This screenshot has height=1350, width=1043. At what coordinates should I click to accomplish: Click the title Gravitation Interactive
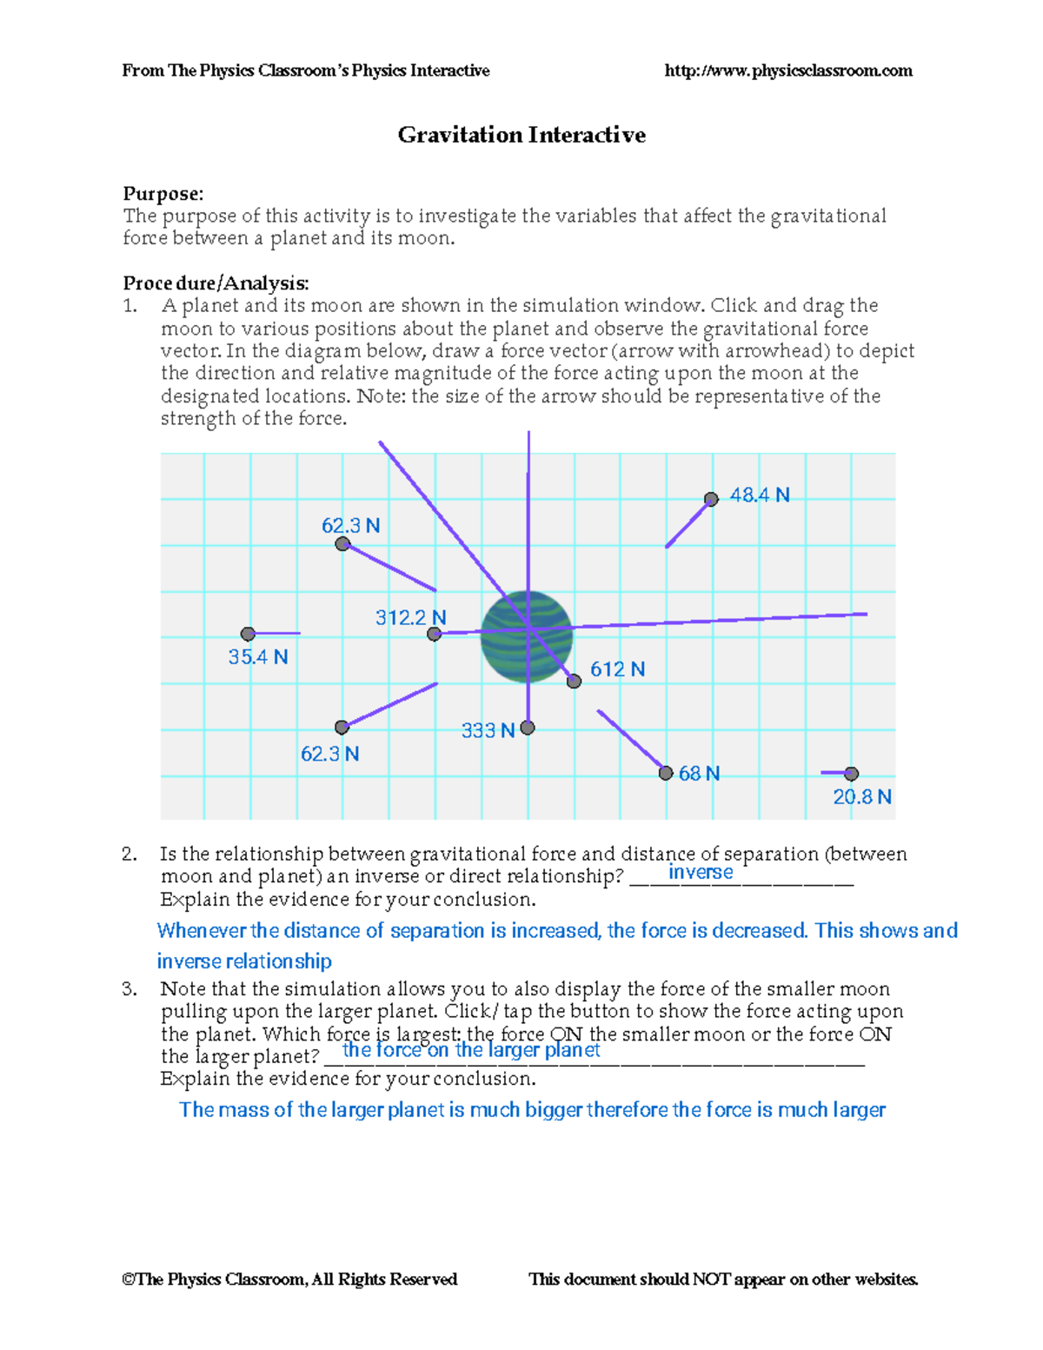[521, 135]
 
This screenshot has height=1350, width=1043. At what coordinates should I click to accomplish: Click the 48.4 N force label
[760, 495]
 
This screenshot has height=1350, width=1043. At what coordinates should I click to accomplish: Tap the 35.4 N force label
[257, 657]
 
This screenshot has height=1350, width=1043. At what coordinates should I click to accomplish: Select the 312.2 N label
[410, 618]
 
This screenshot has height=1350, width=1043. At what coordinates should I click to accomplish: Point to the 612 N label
[618, 669]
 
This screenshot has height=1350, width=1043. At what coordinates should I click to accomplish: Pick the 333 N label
[488, 731]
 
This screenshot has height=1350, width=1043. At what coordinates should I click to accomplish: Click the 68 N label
[699, 774]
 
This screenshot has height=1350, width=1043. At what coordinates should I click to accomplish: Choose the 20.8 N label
[862, 797]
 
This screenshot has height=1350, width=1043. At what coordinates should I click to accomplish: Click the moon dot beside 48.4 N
[711, 499]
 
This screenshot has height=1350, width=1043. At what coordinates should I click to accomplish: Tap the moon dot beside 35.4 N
[248, 634]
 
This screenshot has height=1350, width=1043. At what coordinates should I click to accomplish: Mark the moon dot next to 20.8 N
[852, 774]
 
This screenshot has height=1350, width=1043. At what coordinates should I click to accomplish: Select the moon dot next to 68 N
[666, 773]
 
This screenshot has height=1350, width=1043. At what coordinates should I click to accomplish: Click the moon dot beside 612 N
[574, 682]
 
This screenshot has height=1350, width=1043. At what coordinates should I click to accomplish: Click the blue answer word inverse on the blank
[701, 873]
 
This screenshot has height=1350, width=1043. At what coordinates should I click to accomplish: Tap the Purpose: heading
[163, 193]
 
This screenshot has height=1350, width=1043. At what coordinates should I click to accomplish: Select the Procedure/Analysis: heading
[216, 283]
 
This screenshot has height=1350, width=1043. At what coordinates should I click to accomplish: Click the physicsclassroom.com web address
[788, 70]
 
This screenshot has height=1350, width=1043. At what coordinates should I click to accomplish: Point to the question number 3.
[130, 989]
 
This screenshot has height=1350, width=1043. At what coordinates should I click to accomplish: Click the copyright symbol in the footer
[129, 1280]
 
